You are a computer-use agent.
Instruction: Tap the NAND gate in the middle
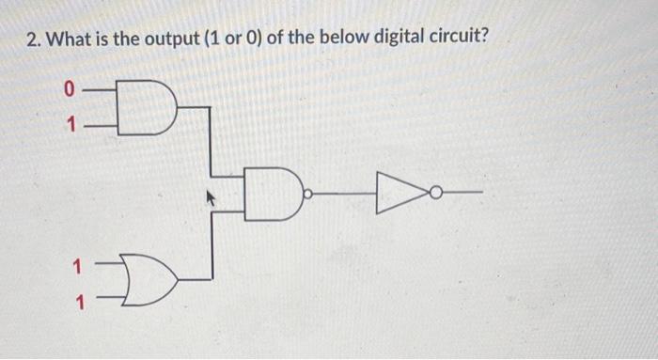pyautogui.click(x=272, y=194)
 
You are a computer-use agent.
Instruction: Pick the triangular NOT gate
pyautogui.click(x=400, y=194)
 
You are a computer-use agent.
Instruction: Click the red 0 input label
pyautogui.click(x=68, y=90)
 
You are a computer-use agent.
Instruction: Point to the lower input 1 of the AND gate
pyautogui.click(x=69, y=122)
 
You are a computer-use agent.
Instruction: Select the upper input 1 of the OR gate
pyautogui.click(x=79, y=265)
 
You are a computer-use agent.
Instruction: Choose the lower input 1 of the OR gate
pyautogui.click(x=79, y=303)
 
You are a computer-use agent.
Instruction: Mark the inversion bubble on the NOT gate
pyautogui.click(x=435, y=194)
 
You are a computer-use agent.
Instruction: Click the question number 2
pyautogui.click(x=31, y=40)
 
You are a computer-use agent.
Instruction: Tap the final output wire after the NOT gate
pyautogui.click(x=462, y=194)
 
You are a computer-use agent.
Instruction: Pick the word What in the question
pyautogui.click(x=71, y=40)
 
